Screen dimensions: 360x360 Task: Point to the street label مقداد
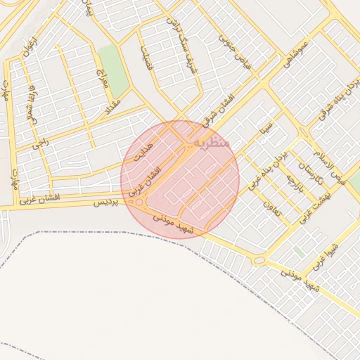[x=113, y=106]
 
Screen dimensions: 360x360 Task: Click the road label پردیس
[x=103, y=202]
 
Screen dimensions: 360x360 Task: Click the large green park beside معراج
[x=113, y=70]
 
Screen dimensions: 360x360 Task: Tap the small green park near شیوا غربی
[x=299, y=251]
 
